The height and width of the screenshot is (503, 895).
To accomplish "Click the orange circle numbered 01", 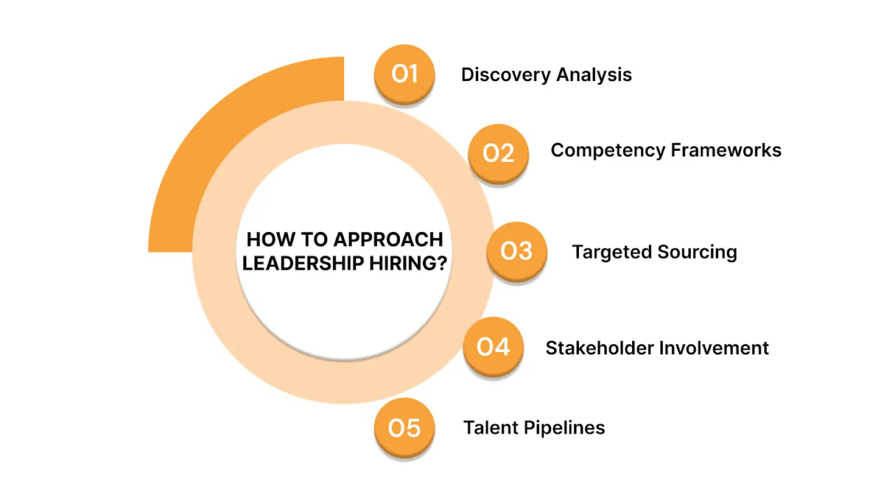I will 404,74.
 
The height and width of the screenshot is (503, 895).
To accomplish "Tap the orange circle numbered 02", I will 498,153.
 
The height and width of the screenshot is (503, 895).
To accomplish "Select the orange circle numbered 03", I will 517,251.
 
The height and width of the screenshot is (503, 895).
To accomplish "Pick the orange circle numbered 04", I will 493,347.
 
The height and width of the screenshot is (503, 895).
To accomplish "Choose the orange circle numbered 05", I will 404,428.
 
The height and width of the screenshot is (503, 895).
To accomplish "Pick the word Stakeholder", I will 596,348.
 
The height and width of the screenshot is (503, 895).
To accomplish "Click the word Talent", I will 487,428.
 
